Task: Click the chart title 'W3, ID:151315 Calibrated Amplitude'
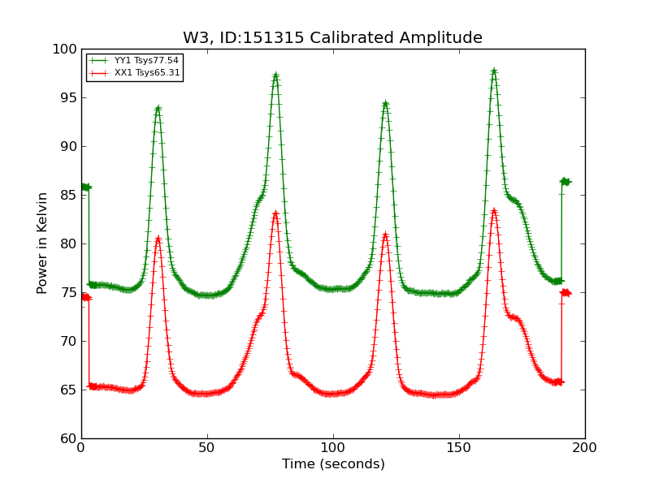click(x=332, y=38)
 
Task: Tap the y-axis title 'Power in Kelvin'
click(x=42, y=243)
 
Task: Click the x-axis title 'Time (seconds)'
click(x=333, y=464)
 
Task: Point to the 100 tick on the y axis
click(x=64, y=49)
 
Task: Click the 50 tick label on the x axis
click(x=207, y=447)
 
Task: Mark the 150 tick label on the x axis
click(x=459, y=447)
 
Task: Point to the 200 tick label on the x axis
click(x=585, y=447)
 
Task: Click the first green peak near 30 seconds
click(x=158, y=108)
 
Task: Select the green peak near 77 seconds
click(x=275, y=75)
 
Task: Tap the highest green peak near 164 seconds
click(x=494, y=71)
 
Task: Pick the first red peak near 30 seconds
click(x=158, y=239)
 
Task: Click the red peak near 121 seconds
click(x=385, y=235)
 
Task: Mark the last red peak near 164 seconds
click(x=494, y=211)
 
